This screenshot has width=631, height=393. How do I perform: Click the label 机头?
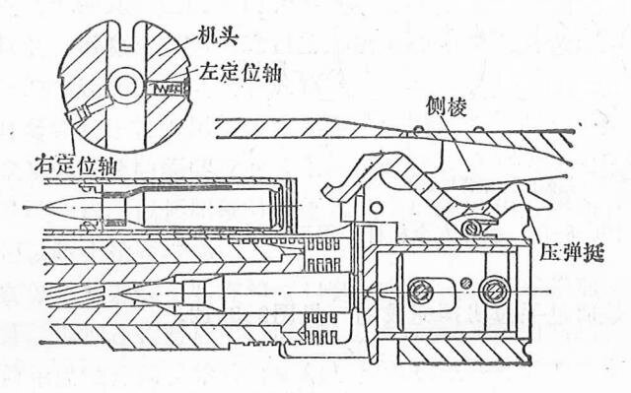pos(219,37)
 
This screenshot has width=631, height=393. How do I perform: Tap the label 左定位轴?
pos(240,72)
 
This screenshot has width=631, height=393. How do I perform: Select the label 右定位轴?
pos(75,164)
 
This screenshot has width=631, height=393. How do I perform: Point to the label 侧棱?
pos(447,106)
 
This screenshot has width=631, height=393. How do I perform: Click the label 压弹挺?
pos(572,252)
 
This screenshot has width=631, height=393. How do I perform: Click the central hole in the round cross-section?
pos(124,86)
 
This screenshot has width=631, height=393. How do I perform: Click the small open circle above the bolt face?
pos(376,208)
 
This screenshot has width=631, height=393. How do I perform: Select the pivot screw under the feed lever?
pos(471,229)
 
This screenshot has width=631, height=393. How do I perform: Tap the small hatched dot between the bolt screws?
pos(466,283)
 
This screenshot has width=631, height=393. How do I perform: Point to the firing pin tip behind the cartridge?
pos(383,292)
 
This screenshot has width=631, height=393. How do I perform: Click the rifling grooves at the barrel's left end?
pos(75,294)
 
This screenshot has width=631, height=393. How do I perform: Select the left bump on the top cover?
pos(418,129)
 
